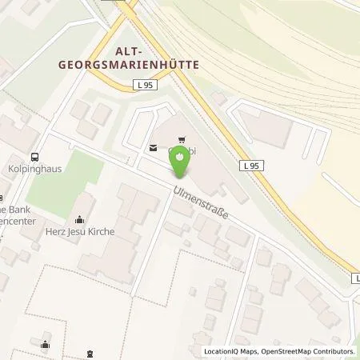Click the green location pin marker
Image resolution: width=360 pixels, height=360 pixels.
pos(182,162)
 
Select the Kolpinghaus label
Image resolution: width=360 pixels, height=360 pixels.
pos(35,170)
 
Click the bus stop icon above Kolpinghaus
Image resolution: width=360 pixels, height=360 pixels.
pos(35,158)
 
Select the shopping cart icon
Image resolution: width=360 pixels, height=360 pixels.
pos(182,138)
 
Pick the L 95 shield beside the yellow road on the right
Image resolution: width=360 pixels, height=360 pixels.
pos(250,166)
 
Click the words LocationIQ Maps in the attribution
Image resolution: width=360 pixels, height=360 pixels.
pos(227,352)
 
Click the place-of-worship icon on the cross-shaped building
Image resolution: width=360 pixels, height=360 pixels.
pos(45,345)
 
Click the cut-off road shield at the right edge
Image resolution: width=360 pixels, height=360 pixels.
pos(355,278)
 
